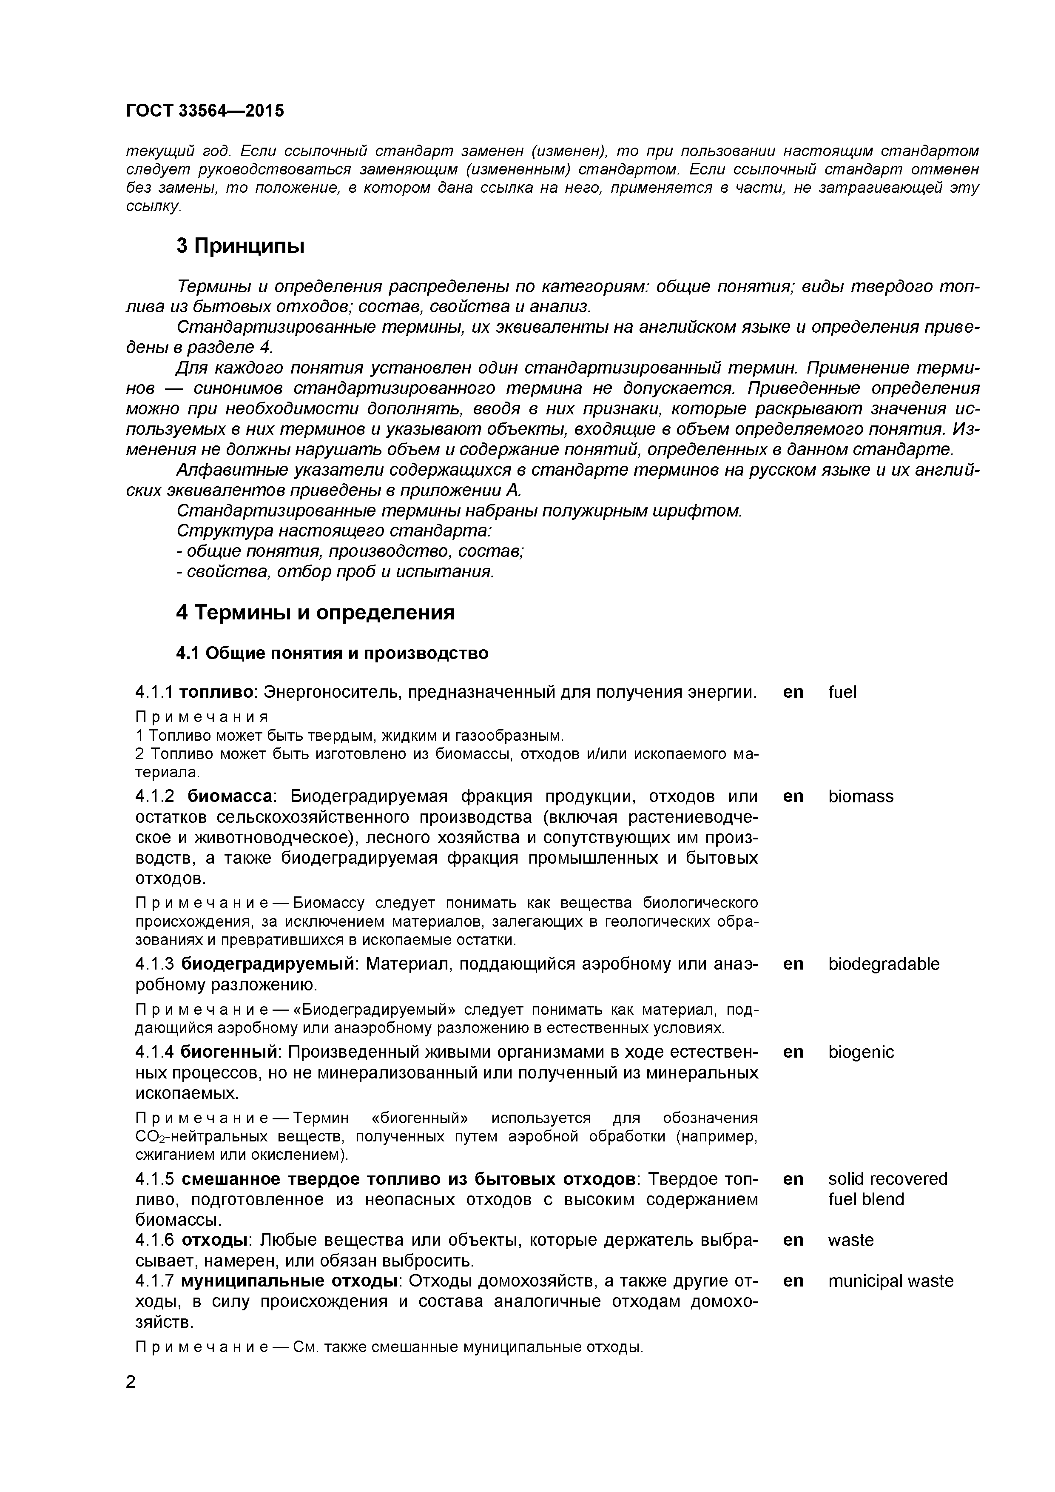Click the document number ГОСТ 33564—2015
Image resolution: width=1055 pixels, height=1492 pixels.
click(x=205, y=111)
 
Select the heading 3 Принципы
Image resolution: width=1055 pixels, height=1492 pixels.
click(x=240, y=246)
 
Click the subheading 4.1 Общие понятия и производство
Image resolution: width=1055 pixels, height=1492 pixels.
click(x=332, y=653)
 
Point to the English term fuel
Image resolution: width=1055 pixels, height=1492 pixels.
click(x=842, y=693)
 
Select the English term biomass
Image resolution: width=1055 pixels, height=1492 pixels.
click(x=860, y=797)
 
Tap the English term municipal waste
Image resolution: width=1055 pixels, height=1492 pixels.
click(x=890, y=1281)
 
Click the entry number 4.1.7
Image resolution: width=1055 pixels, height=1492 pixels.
click(x=155, y=1281)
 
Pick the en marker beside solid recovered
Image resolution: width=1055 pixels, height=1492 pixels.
click(x=793, y=1179)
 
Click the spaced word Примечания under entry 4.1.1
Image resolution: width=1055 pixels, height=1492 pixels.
click(x=202, y=717)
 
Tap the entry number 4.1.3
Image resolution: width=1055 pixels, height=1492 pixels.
click(x=155, y=964)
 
